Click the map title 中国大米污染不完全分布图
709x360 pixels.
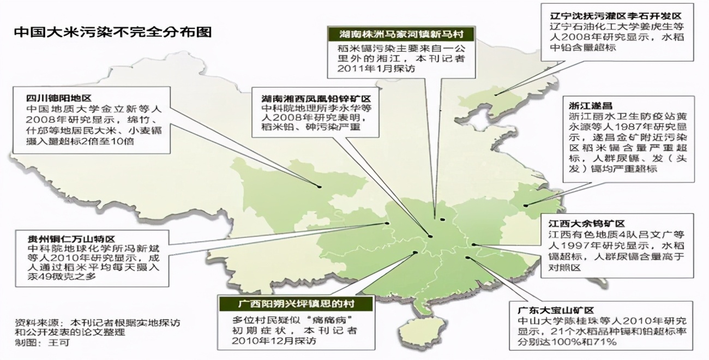(112, 31)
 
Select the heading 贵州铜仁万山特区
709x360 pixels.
(71, 238)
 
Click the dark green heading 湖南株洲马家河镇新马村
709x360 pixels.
(401, 33)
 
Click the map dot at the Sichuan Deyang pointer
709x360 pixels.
(319, 187)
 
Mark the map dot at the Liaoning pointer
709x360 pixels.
(496, 94)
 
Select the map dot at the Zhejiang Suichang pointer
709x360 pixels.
(526, 206)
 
